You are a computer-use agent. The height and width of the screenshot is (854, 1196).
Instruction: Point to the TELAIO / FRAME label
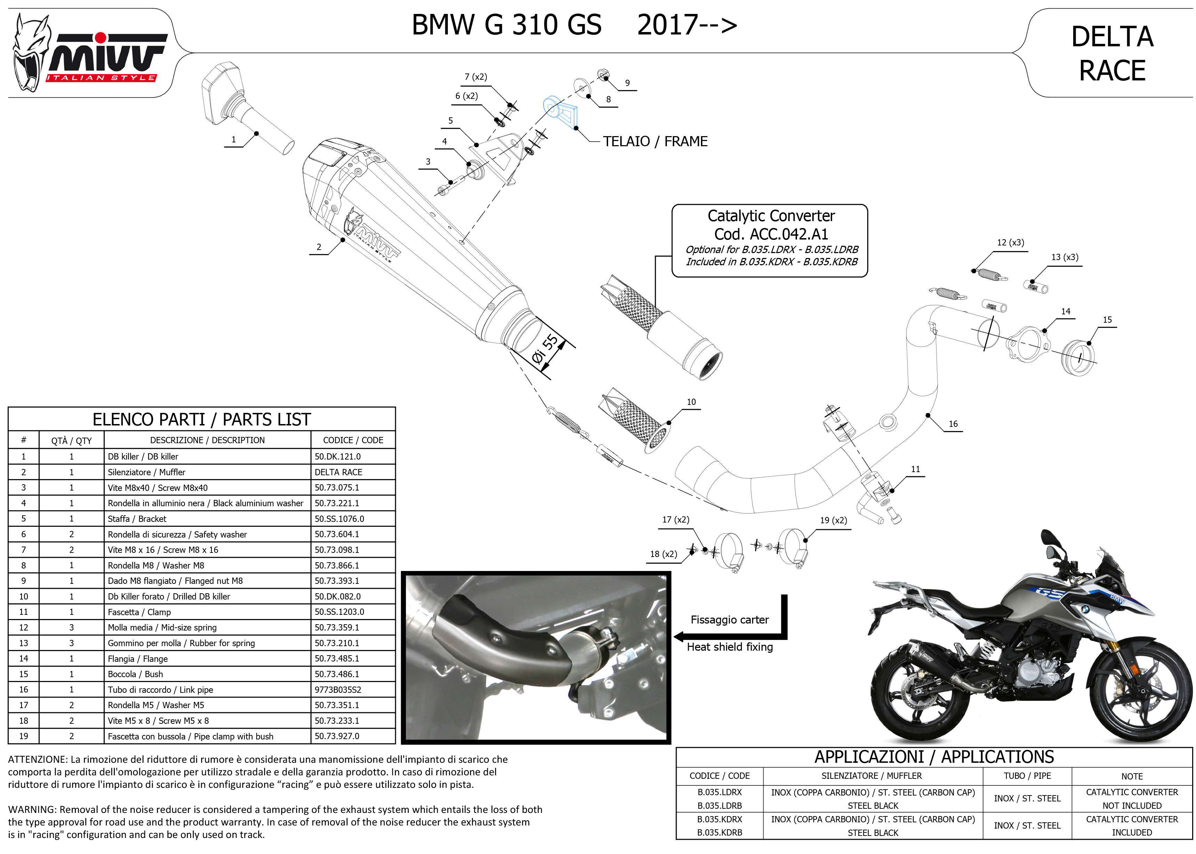[655, 141]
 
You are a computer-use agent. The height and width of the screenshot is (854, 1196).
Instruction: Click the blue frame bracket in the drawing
[561, 111]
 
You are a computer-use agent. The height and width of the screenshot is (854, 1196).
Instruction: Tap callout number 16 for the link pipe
[953, 424]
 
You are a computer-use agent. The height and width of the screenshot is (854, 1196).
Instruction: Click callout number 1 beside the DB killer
[234, 140]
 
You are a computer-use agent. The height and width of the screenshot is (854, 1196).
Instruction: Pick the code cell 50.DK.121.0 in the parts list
[337, 456]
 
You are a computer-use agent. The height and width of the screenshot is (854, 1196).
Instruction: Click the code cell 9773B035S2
[338, 689]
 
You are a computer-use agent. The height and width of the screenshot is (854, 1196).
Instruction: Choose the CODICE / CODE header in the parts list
[353, 440]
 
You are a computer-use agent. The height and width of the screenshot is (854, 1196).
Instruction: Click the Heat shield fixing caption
[729, 647]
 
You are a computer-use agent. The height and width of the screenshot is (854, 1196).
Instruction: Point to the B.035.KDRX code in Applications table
[719, 819]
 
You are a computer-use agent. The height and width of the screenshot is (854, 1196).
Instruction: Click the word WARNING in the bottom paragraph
[32, 809]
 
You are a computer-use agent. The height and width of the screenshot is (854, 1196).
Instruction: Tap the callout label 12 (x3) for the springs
[1010, 242]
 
